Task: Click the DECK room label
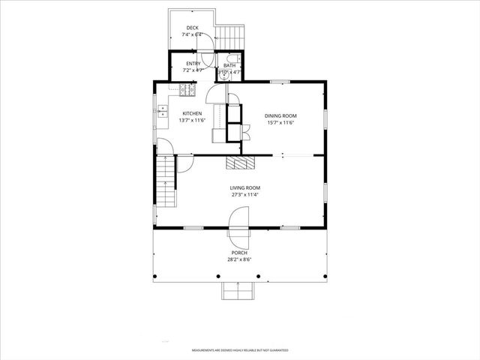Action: click(193, 28)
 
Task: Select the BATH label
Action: click(229, 66)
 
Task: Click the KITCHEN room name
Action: click(191, 113)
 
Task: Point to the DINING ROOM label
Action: click(281, 115)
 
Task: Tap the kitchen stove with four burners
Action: click(187, 90)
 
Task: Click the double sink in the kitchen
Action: click(161, 112)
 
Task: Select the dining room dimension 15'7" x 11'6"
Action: click(281, 122)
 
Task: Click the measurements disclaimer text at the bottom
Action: click(239, 349)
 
